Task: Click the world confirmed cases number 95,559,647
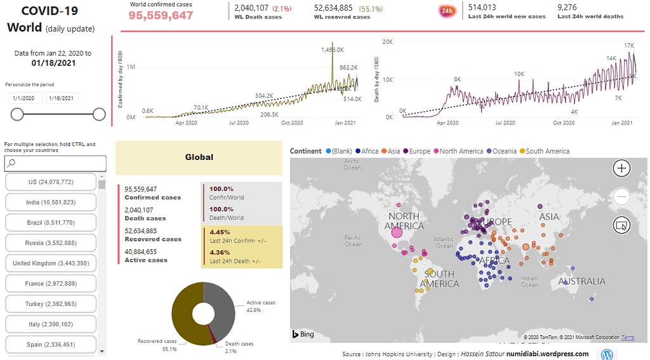click(161, 15)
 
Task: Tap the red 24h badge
click(446, 11)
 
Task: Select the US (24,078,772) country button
click(51, 182)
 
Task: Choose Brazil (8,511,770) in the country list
click(51, 223)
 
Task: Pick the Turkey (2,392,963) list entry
click(51, 304)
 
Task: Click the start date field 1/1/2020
click(26, 98)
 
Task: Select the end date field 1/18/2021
click(62, 98)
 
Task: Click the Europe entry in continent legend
click(417, 151)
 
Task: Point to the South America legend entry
click(543, 151)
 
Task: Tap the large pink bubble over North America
click(397, 232)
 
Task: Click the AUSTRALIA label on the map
click(581, 281)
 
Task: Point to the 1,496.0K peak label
click(332, 50)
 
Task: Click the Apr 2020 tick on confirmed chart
click(186, 123)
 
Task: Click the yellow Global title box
click(199, 157)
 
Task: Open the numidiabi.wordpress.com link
click(547, 354)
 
